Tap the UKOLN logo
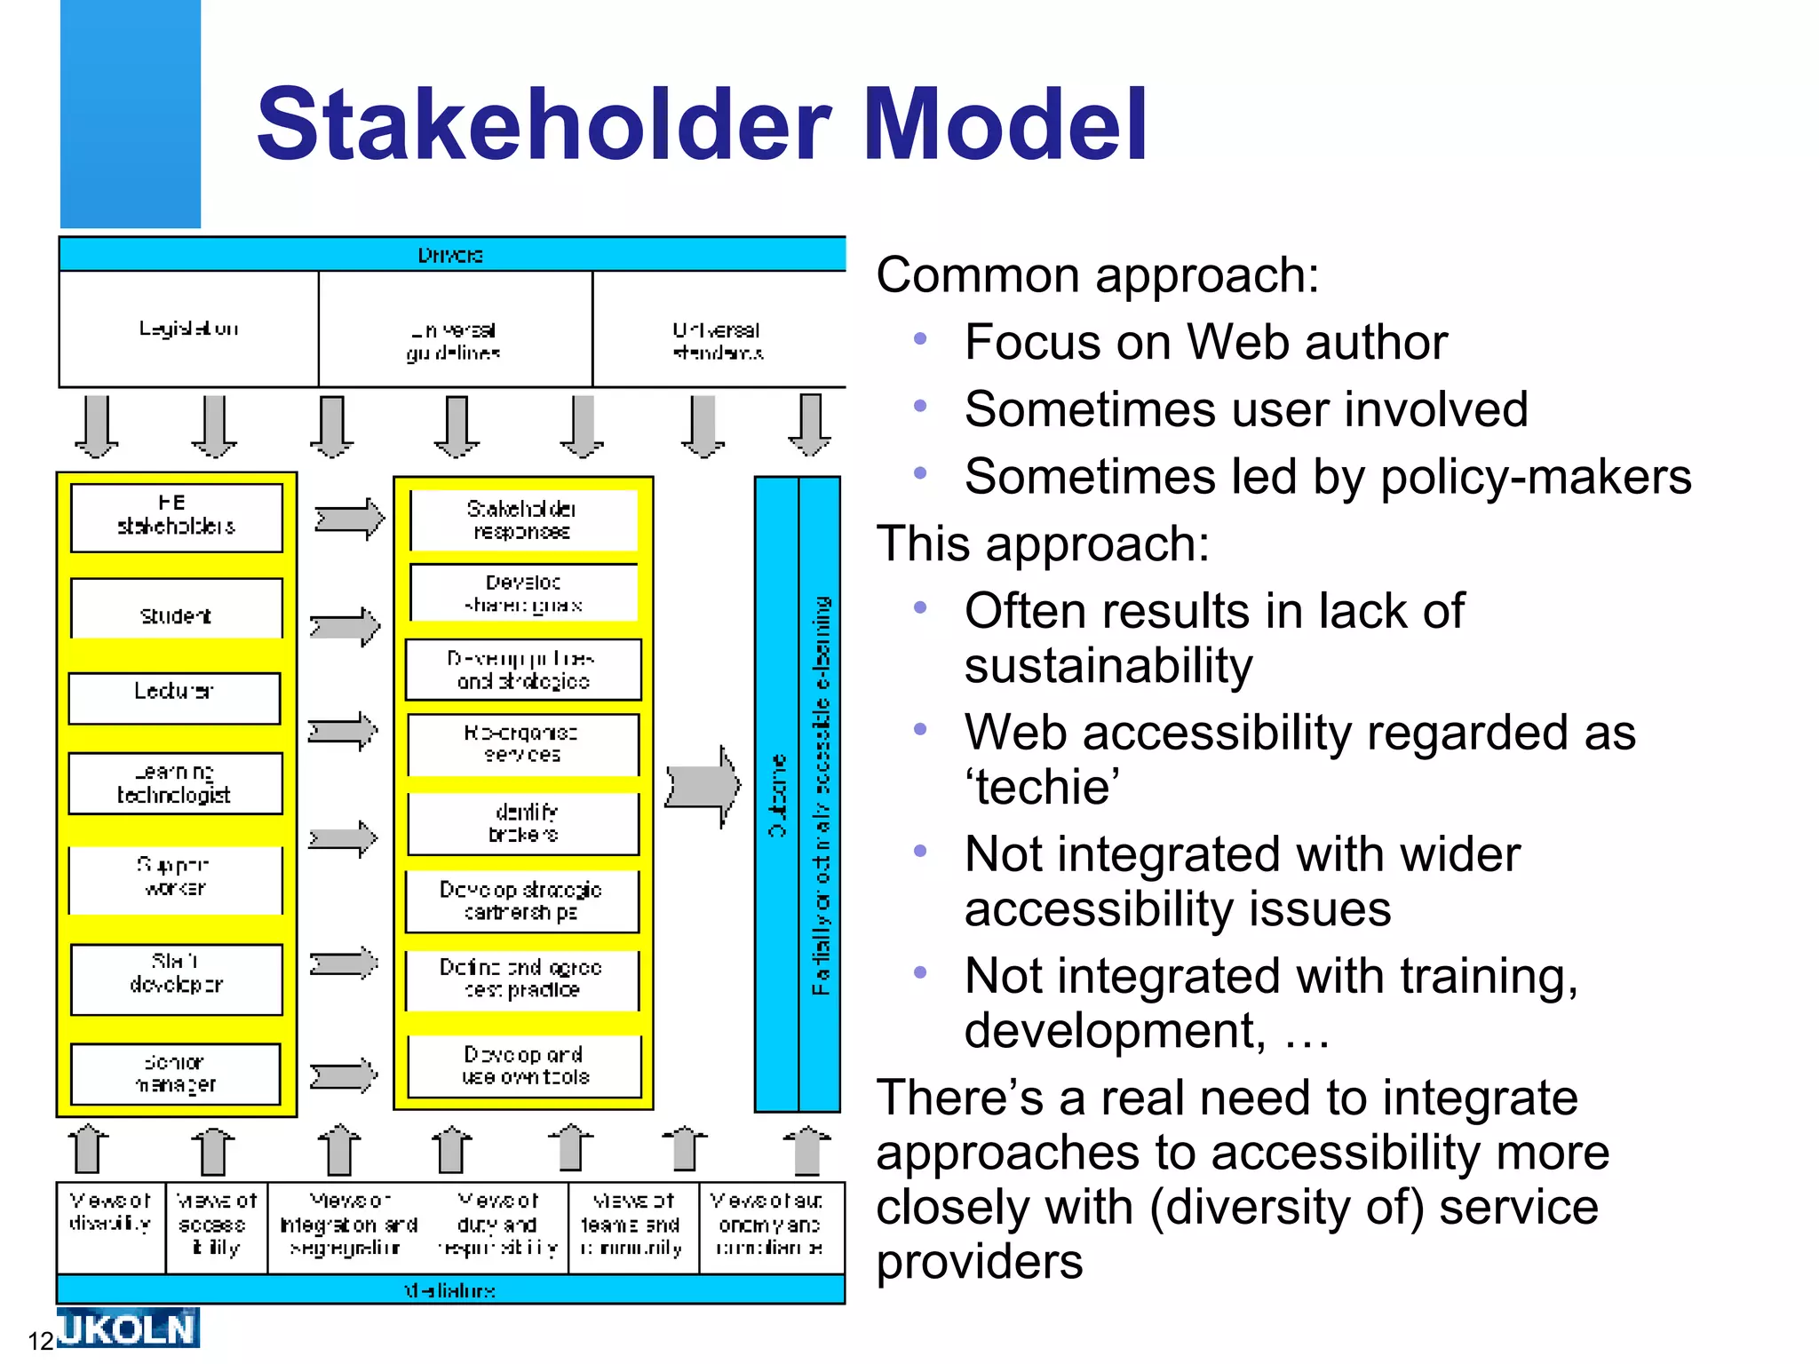pos(128,1328)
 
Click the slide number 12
pos(41,1341)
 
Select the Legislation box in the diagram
pos(188,329)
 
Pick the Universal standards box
pos(718,341)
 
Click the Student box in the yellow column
pos(176,615)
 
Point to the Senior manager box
pos(176,1074)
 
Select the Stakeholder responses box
pos(522,519)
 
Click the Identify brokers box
pos(523,823)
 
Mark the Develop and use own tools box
pos(524,1066)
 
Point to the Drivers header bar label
pos(450,255)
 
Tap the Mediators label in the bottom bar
pos(450,1290)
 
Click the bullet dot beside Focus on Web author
pos(920,339)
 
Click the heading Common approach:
pos(1097,275)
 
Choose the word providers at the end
pos(979,1262)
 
